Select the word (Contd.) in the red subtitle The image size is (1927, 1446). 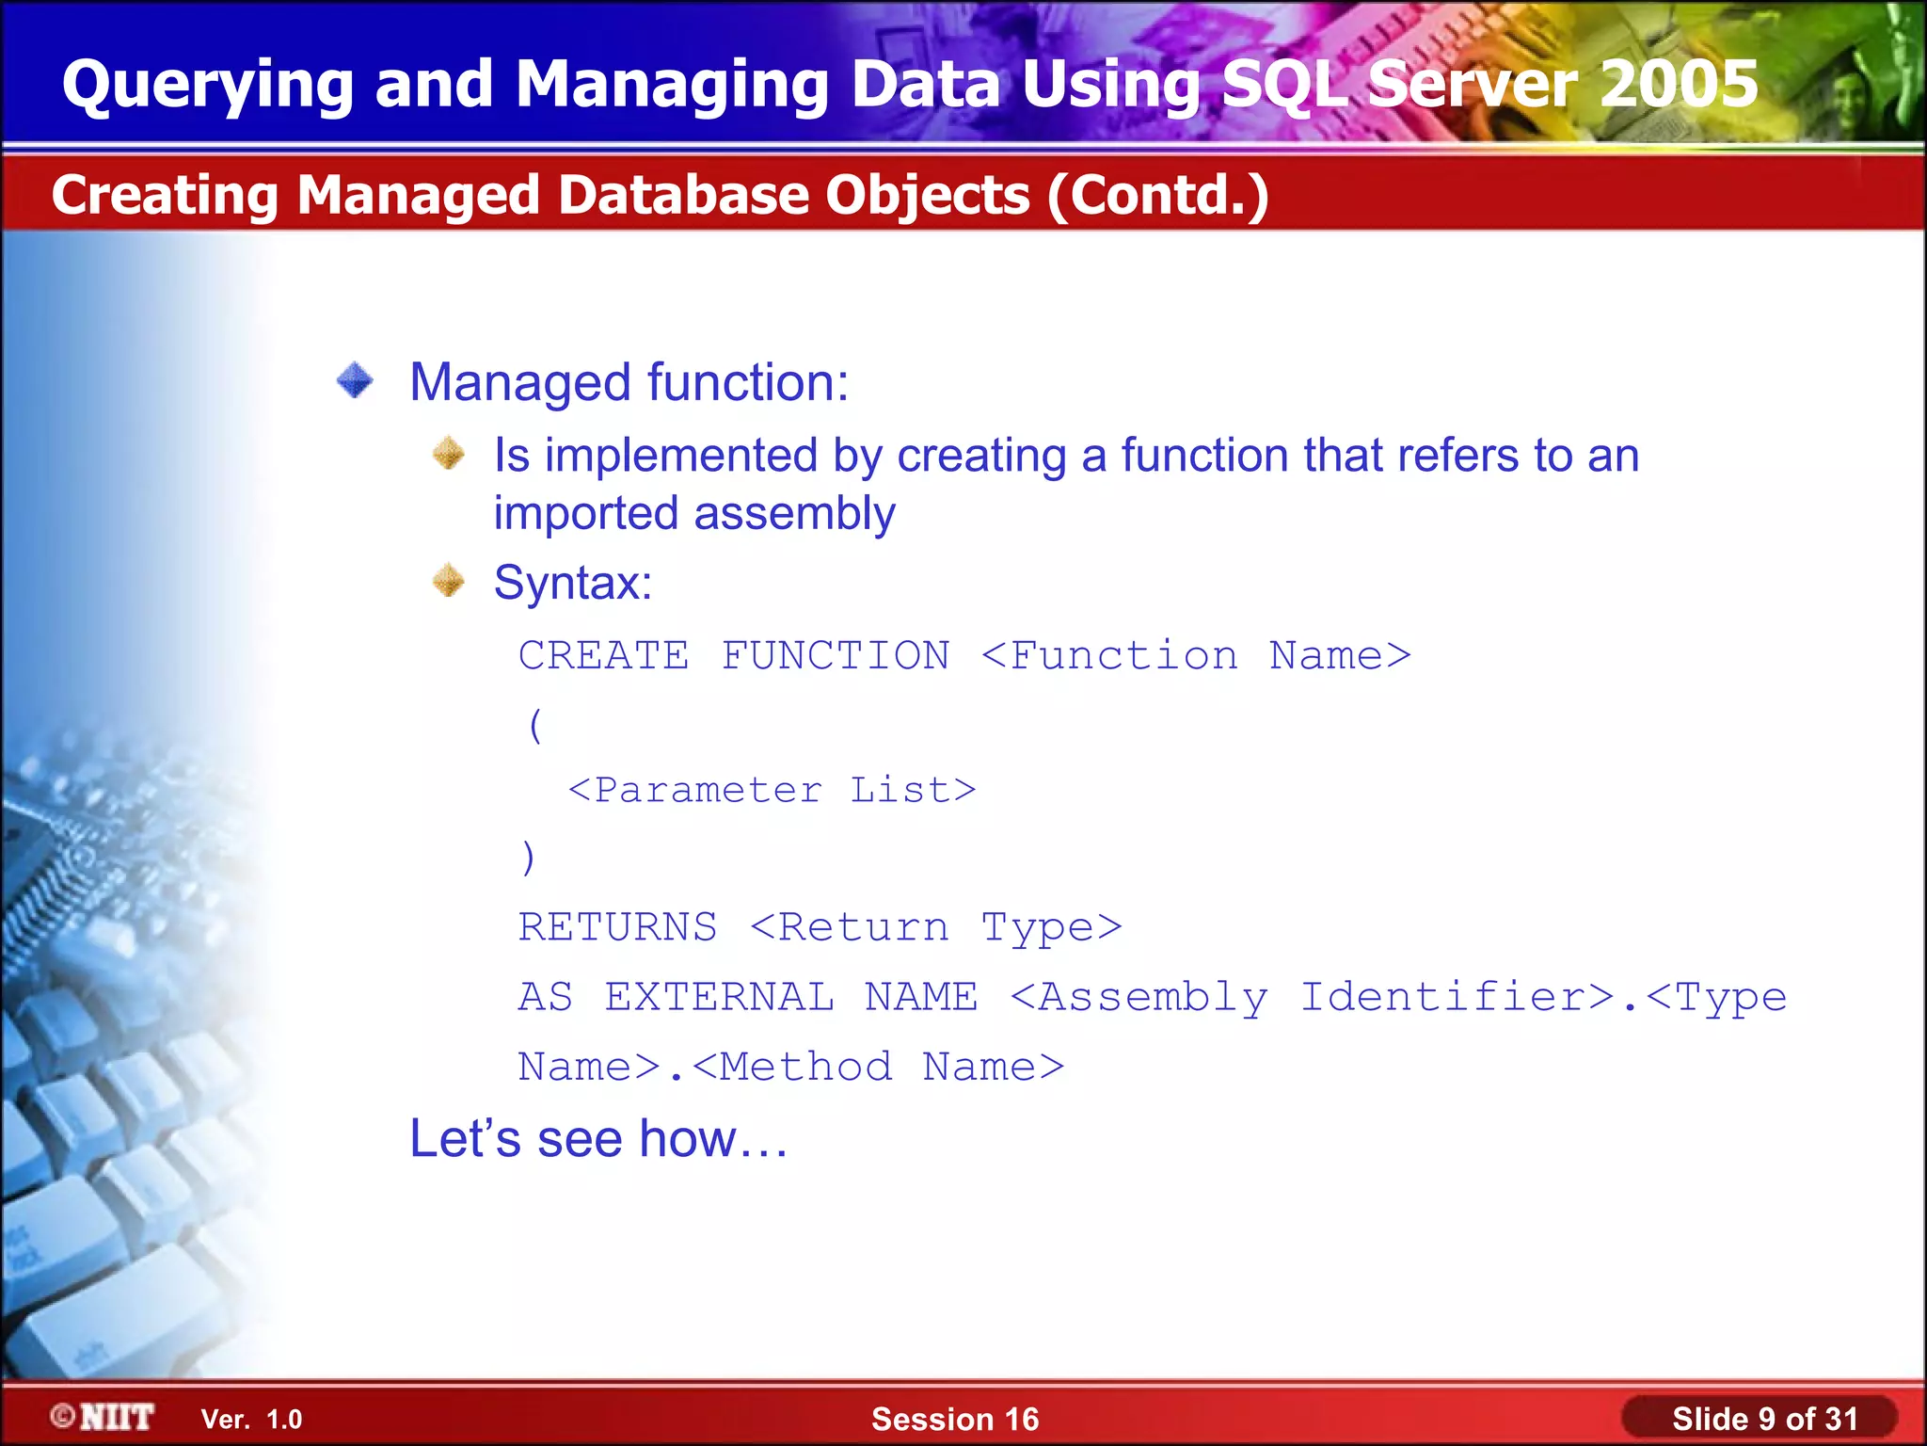(1158, 195)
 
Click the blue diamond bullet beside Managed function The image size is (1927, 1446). (356, 381)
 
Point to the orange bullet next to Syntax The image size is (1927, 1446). (449, 581)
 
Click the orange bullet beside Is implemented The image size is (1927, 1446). (449, 454)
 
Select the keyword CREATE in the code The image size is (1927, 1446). (603, 655)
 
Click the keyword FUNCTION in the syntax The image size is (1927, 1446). (836, 655)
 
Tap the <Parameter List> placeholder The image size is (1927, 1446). (772, 790)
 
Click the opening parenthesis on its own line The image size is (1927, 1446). (535, 724)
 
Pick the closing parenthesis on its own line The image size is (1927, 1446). (528, 858)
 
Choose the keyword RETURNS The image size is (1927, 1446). (617, 927)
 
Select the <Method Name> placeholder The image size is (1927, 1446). (878, 1067)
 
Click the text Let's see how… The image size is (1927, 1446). (598, 1138)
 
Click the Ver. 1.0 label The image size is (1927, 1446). (251, 1420)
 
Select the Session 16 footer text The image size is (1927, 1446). (955, 1419)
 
